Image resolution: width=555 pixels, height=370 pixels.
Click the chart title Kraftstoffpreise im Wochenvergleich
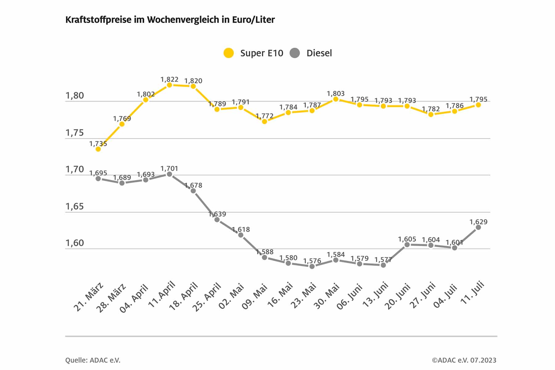(170, 20)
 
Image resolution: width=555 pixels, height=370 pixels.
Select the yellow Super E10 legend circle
(228, 53)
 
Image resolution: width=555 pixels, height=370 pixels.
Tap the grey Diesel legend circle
(295, 53)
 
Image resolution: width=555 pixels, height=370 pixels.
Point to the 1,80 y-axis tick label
(75, 96)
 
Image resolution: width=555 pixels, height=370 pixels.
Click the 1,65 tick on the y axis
(75, 207)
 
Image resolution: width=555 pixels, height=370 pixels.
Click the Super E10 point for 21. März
(98, 149)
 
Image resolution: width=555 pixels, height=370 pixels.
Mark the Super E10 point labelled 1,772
(265, 121)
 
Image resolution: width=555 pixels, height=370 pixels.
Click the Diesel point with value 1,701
(169, 174)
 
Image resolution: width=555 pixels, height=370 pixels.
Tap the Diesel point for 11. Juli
(478, 227)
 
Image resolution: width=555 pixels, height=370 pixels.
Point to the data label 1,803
(335, 94)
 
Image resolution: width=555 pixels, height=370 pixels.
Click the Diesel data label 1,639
(217, 214)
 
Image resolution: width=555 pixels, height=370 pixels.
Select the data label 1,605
(407, 239)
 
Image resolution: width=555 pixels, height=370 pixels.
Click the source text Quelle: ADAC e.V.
(93, 360)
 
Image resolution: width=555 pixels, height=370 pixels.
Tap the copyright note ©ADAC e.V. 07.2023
(464, 360)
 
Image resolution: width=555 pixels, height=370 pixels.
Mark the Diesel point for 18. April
(193, 191)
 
